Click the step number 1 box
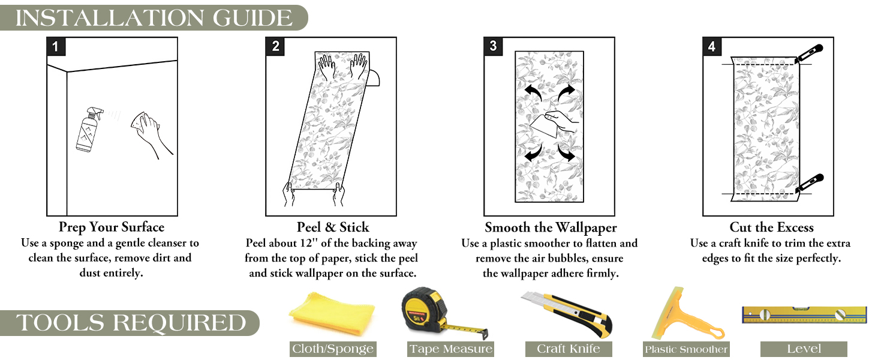[56, 46]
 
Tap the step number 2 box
[275, 46]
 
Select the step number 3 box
[494, 46]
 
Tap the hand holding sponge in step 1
[151, 133]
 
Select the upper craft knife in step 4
[809, 53]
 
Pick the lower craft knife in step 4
[810, 183]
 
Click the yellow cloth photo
[332, 314]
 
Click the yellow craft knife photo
[567, 314]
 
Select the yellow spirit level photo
[804, 314]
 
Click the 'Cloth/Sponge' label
[333, 349]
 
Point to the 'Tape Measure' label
[451, 349]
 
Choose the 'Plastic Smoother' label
[686, 349]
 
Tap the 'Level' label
[804, 349]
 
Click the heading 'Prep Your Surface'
[112, 227]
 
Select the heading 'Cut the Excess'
[771, 227]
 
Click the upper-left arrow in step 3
[533, 92]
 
